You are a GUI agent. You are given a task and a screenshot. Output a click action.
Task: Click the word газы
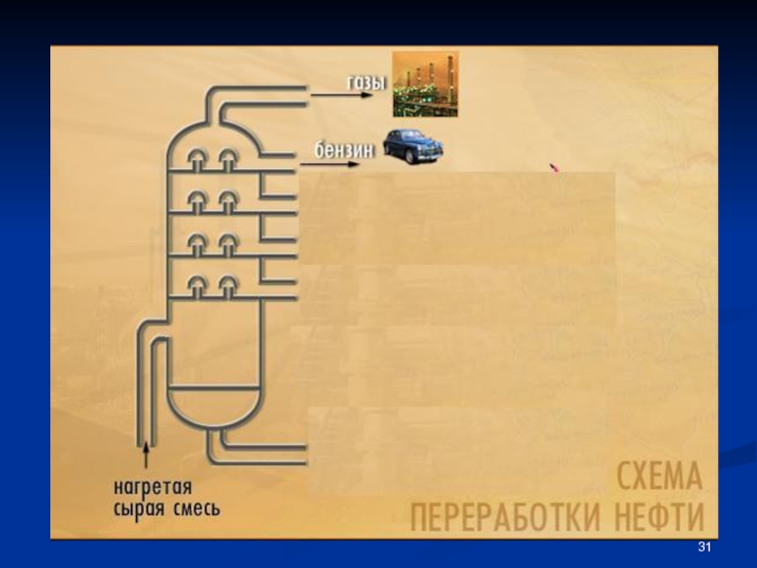pos(367,83)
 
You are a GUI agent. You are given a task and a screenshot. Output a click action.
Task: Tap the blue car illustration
pos(412,147)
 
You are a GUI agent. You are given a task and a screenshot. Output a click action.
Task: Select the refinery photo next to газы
pos(425,84)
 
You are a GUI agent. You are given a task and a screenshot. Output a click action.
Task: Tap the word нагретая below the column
pos(152,488)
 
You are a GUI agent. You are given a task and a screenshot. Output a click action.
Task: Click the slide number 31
pos(703,548)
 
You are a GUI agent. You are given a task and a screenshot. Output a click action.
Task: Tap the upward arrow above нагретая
pos(147,454)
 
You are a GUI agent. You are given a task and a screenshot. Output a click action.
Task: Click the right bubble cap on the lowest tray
pos(228,283)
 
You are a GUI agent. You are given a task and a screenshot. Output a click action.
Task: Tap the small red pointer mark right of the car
pos(555,169)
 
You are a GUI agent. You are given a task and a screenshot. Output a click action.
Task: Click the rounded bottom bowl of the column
pos(213,407)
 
